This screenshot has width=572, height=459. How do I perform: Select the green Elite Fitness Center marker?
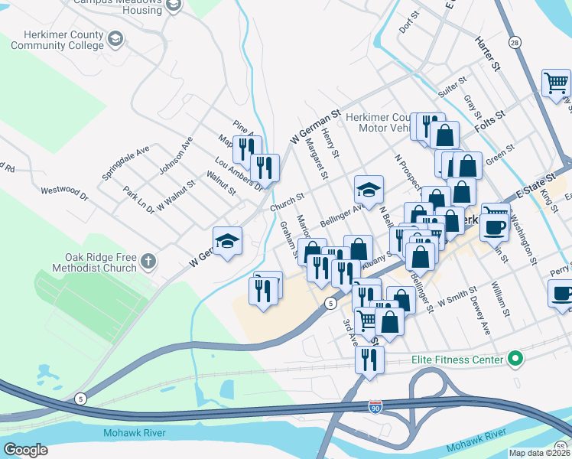tap(515, 358)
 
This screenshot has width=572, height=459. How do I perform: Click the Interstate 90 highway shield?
tap(375, 406)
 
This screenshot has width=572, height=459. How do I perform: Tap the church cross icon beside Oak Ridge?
tap(148, 262)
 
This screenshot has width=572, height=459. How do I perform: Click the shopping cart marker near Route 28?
tap(556, 83)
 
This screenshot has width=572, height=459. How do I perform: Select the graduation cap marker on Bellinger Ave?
tap(369, 189)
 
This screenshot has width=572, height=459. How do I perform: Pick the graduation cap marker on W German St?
tap(227, 241)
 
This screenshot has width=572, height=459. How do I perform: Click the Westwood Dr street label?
tap(64, 190)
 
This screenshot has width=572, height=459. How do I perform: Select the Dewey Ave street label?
tap(479, 317)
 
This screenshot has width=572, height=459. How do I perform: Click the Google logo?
tap(26, 450)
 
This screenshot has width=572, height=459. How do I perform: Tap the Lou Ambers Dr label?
tap(239, 174)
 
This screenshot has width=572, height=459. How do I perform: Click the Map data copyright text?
tap(538, 453)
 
